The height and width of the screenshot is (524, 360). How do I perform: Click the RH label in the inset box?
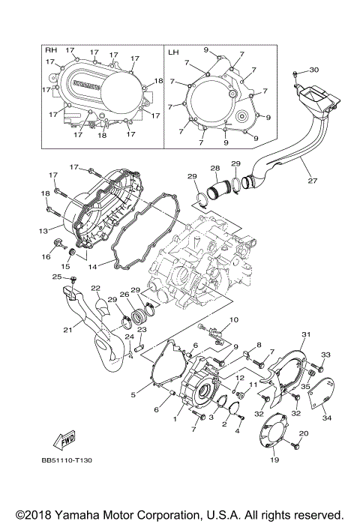pos(51,50)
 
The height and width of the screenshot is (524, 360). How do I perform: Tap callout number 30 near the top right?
pos(313,70)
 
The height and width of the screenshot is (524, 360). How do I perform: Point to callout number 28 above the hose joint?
pos(214,169)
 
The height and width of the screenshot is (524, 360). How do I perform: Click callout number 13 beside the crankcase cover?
pos(43,231)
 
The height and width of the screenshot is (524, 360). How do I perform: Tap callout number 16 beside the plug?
pos(46,257)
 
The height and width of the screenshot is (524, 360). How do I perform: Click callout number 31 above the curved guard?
pos(305,334)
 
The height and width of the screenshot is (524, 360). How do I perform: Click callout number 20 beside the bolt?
pos(304,434)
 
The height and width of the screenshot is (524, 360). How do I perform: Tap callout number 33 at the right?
pos(325,354)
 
